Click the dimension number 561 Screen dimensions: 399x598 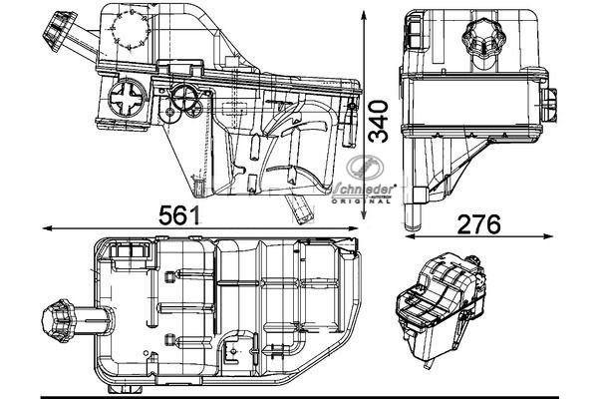(179, 214)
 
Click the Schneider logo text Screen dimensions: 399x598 (365, 189)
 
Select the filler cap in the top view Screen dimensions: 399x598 (55, 323)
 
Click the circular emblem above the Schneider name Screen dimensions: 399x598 (362, 171)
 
